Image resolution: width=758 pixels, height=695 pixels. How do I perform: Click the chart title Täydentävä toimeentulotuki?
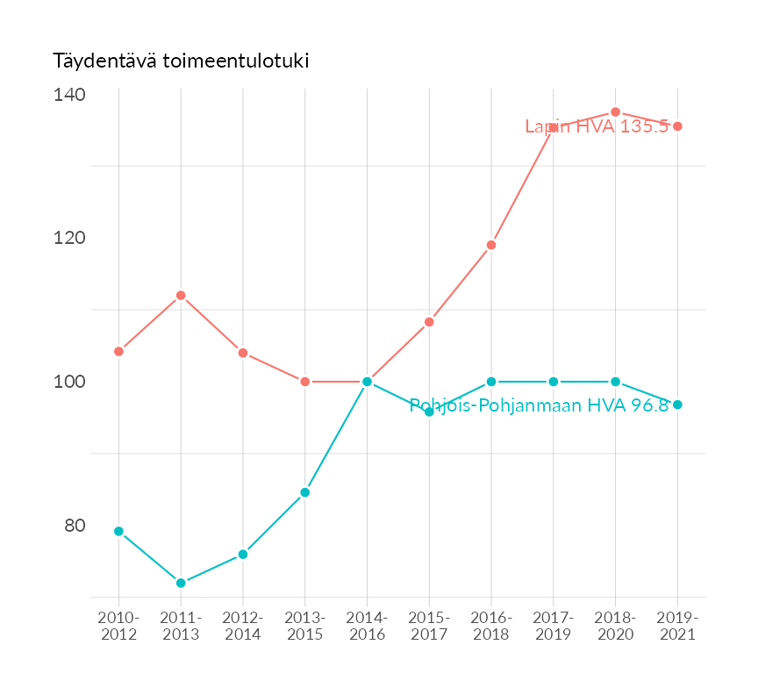[x=181, y=61]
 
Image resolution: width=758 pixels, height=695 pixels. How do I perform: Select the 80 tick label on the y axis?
[x=75, y=526]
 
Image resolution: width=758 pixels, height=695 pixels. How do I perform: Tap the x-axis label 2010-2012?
[x=119, y=627]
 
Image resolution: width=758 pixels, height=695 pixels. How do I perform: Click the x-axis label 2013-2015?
[x=305, y=627]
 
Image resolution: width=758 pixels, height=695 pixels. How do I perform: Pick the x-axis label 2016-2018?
[x=491, y=627]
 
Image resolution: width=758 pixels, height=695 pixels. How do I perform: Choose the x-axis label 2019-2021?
[x=677, y=627]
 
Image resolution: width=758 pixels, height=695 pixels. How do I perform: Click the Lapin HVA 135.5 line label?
[x=597, y=126]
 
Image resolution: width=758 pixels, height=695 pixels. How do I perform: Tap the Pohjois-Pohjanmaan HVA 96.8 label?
[x=539, y=405]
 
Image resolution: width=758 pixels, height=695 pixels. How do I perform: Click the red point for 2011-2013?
[x=181, y=296]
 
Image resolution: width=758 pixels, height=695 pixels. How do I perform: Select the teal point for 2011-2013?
[x=181, y=583]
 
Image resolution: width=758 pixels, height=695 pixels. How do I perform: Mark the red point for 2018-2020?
[x=616, y=112]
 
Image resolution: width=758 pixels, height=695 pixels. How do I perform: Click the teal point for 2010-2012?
[x=118, y=531]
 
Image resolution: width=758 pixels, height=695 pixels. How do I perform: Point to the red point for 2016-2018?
[x=491, y=245]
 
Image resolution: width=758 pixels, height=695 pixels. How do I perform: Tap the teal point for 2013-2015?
[x=305, y=492]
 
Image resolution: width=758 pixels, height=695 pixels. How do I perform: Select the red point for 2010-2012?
[x=118, y=351]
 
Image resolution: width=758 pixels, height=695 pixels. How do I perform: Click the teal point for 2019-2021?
[x=677, y=405]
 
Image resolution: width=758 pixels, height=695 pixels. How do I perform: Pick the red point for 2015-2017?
[x=429, y=322]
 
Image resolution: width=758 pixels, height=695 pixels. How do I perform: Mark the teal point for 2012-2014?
[x=243, y=555]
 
